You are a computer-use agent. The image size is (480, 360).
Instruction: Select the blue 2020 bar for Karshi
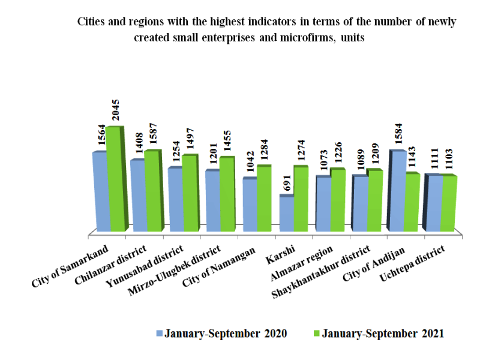(286, 214)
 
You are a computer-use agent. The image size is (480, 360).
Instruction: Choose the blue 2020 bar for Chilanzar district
(137, 196)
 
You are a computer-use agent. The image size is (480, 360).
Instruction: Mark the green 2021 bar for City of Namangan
(263, 199)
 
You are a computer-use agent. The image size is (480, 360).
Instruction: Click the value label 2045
(117, 110)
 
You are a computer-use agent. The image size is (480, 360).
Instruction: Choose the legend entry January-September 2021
(379, 334)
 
